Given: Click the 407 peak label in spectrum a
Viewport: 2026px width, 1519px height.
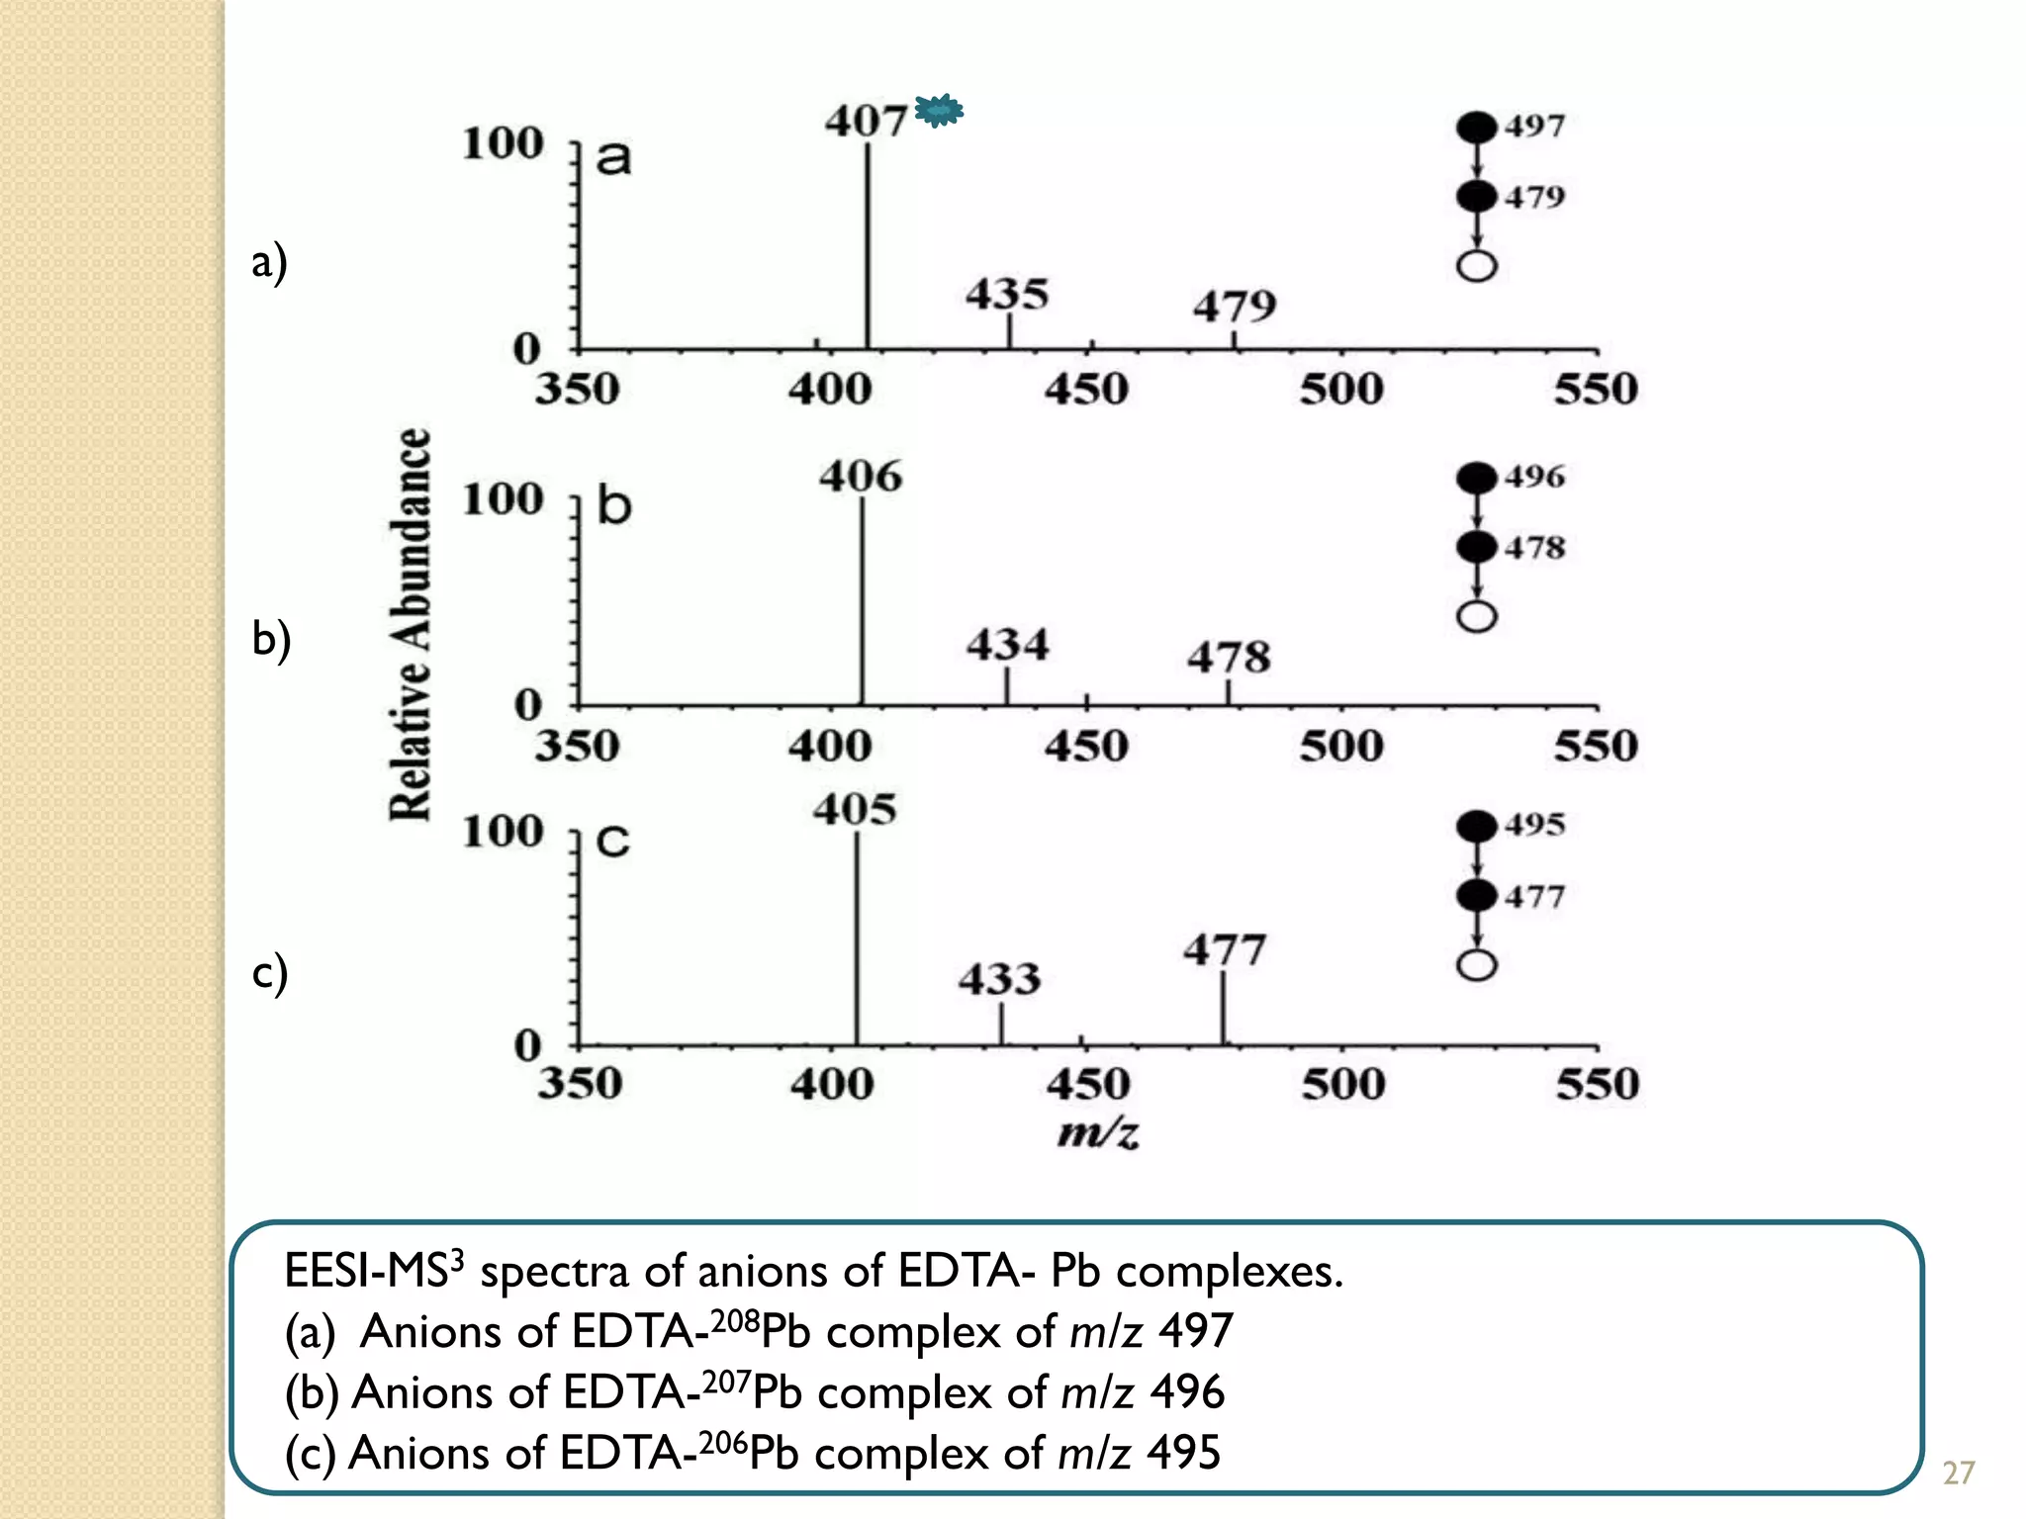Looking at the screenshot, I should coord(866,121).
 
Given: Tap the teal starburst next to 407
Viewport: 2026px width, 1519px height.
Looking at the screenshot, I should coord(939,110).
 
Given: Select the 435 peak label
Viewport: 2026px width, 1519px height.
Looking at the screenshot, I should coord(1007,294).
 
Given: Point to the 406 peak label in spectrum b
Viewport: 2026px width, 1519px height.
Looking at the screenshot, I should coord(860,477).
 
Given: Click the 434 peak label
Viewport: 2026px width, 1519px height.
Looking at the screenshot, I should coord(1007,645).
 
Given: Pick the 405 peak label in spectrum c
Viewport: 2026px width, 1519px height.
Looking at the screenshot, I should coord(855,810).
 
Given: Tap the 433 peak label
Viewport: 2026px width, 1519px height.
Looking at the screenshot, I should coord(999,979).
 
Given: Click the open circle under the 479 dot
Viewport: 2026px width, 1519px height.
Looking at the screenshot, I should coord(1477,266).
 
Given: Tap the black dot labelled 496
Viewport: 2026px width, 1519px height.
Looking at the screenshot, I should coord(1477,479).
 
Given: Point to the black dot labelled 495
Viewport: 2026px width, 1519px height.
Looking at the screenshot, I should coord(1477,826).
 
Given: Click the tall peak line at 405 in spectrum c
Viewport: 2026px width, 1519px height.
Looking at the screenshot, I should coord(857,939).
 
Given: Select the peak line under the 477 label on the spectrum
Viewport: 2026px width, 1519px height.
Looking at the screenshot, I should coord(1223,1009).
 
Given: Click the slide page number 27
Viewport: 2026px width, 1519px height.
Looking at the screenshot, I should coord(1958,1474).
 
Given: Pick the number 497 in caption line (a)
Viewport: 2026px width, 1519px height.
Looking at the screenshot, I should coord(1196,1331).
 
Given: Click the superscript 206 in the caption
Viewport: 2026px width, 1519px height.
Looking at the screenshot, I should coord(722,1442).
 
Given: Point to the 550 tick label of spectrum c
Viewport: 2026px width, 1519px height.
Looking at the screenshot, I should coord(1597,1085).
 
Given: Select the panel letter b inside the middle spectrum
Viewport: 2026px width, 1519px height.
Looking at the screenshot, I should coord(614,506).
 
